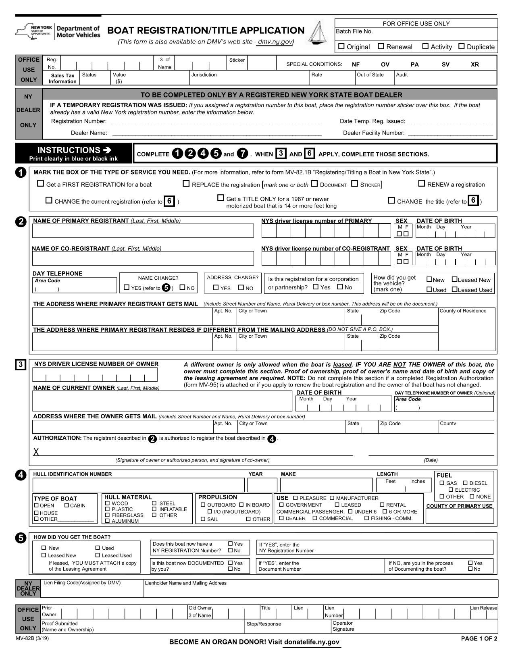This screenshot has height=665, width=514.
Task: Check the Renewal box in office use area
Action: [381, 46]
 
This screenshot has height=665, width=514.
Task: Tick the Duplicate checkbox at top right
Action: [462, 46]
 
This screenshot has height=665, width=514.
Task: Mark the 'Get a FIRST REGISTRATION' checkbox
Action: [40, 184]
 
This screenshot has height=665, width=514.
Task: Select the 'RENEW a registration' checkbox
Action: [421, 184]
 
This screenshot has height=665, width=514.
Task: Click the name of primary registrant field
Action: [143, 231]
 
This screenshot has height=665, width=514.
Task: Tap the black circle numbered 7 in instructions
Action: [242, 154]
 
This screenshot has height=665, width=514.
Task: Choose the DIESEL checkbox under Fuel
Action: [465, 483]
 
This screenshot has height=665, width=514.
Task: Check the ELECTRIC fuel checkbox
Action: [451, 490]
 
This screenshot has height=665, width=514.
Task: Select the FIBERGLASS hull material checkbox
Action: [107, 515]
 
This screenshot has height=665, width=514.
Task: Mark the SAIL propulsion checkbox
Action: [203, 519]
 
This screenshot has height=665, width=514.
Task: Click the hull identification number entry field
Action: [139, 485]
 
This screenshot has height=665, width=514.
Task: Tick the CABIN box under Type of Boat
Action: [67, 505]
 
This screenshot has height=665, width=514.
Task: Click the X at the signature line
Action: [36, 452]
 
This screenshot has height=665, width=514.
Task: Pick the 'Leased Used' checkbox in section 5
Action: [98, 555]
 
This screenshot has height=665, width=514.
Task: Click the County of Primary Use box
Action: [460, 516]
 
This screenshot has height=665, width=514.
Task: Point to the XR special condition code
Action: [475, 64]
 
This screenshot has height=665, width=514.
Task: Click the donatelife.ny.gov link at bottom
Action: [312, 642]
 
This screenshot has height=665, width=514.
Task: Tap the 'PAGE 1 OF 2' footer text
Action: [479, 638]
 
